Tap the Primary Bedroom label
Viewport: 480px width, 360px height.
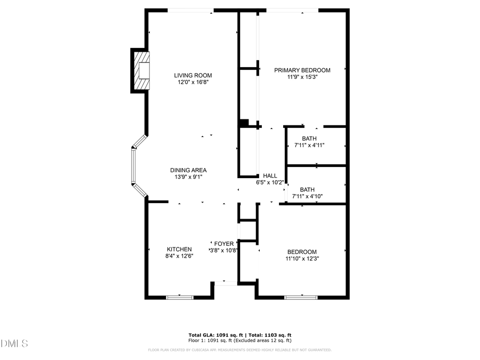click(302, 70)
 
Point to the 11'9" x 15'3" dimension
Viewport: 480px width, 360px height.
click(302, 77)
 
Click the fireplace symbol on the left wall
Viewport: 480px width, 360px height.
click(142, 70)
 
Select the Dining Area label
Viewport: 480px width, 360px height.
click(188, 170)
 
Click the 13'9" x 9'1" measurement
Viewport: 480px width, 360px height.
click(188, 177)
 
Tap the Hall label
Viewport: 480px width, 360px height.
click(270, 175)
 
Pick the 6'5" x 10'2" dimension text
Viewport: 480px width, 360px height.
click(270, 182)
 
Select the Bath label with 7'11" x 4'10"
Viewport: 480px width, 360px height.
click(307, 189)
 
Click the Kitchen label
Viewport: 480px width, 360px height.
click(179, 249)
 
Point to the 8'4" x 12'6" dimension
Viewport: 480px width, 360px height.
click(179, 256)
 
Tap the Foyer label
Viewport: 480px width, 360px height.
click(224, 244)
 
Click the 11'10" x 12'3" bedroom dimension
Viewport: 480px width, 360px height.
click(302, 259)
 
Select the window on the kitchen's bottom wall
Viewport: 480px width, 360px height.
click(180, 297)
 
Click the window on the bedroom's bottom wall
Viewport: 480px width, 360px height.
click(301, 297)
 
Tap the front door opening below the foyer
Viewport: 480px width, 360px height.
click(226, 283)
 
